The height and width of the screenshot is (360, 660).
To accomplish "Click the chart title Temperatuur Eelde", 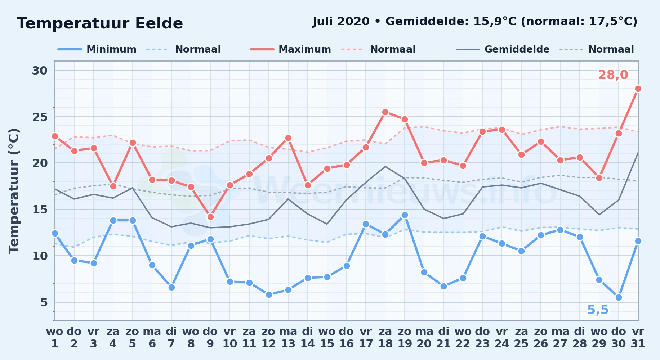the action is [100, 23].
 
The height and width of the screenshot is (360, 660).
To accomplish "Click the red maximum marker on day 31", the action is [638, 89].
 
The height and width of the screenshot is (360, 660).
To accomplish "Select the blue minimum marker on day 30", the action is [619, 298].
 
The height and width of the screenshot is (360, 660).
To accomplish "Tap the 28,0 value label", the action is [613, 75].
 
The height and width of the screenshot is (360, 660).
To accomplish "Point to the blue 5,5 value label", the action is [598, 310].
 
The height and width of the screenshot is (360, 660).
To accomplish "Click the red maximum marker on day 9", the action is [210, 217].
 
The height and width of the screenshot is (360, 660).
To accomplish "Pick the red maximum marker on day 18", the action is [385, 112].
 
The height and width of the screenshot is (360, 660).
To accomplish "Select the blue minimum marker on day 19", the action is [405, 215].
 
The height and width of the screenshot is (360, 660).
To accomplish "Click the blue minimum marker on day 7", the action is [171, 287].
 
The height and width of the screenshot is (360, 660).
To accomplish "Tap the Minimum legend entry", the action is [97, 49].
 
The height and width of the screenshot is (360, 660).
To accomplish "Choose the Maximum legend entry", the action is [290, 49].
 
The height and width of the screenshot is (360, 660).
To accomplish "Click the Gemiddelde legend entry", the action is [503, 49].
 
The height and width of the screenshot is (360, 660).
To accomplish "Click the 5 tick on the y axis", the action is [44, 302].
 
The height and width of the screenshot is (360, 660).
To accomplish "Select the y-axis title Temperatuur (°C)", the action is [14, 191].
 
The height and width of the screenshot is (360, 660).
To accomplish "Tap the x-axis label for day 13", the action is [288, 338].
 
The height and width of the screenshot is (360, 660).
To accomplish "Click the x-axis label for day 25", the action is [521, 338].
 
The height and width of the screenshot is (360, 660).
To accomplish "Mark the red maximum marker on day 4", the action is [113, 186].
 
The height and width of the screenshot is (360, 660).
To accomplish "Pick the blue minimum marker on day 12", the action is [269, 294].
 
